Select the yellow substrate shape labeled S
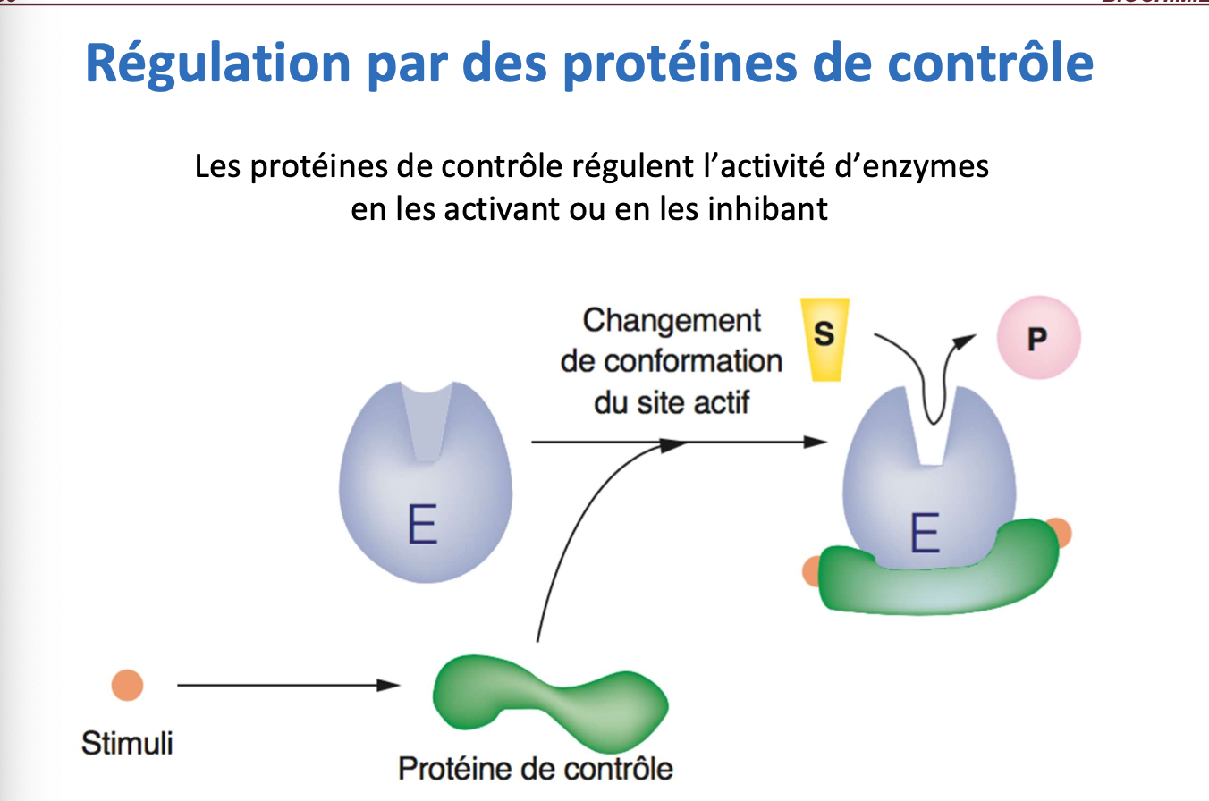point(824,337)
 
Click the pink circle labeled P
point(1038,339)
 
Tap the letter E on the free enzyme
point(422,527)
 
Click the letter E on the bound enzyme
point(925,535)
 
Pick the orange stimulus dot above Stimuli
point(128,686)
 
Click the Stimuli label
point(127,743)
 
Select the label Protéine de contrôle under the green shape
point(535,768)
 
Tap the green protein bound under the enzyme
point(939,581)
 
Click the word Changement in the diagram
point(672,320)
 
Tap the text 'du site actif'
point(672,402)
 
